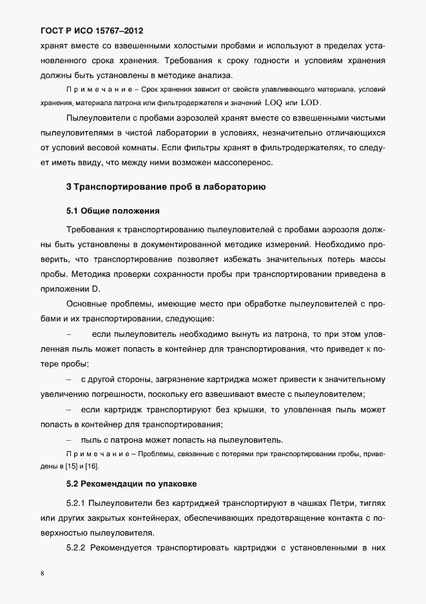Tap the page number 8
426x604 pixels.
(x=43, y=573)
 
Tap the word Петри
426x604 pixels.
(x=344, y=502)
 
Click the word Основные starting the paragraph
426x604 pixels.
(x=88, y=303)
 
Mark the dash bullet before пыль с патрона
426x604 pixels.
(x=68, y=440)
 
